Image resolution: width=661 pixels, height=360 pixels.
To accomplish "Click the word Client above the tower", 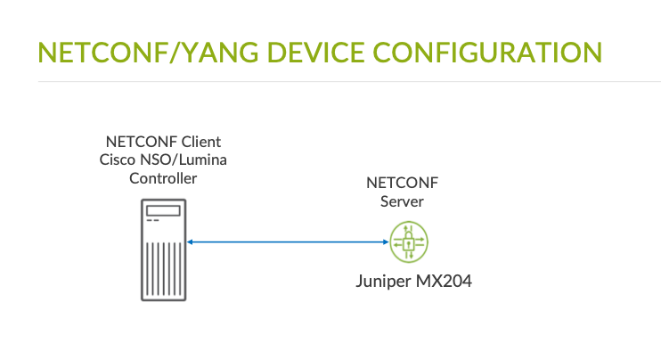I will [201, 142].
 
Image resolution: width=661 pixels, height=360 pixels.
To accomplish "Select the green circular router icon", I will [410, 241].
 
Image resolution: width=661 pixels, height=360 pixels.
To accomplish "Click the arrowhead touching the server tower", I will [192, 241].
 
